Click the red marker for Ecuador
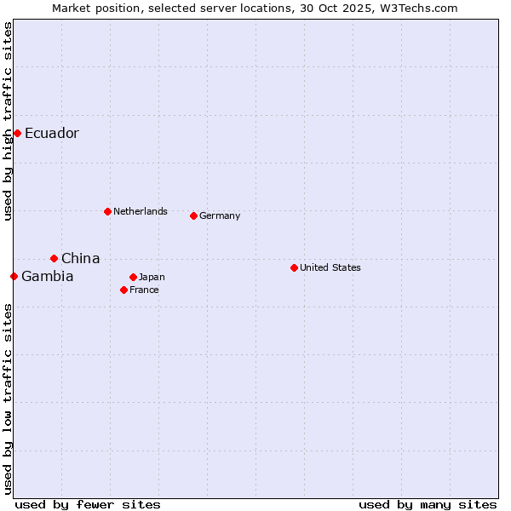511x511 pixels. [x=17, y=133]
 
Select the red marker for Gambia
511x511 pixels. [x=14, y=276]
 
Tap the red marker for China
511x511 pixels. [x=54, y=258]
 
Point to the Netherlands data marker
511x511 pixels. [x=107, y=211]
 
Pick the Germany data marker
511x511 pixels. [x=193, y=215]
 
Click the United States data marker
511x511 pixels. [x=294, y=267]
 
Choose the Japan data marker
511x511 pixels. [x=133, y=277]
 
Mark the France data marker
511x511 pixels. [x=123, y=290]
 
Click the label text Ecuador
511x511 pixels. [x=52, y=133]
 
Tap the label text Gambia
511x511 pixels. [x=48, y=276]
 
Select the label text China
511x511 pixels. [x=81, y=258]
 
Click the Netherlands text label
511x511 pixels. [x=141, y=211]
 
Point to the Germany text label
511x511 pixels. [x=220, y=215]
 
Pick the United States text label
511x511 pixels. [x=330, y=267]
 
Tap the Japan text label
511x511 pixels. [x=152, y=277]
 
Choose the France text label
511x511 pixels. [x=144, y=290]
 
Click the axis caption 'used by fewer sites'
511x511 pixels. [x=88, y=504]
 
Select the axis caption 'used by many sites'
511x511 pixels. [x=428, y=504]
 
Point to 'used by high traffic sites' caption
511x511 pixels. [x=8, y=121]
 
